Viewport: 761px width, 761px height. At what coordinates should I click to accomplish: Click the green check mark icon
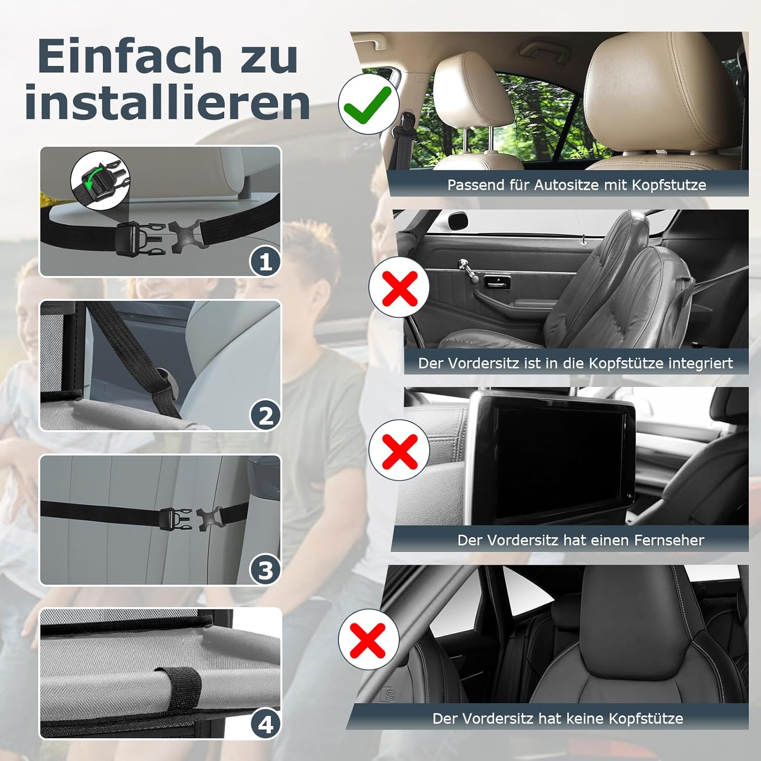[x=367, y=103]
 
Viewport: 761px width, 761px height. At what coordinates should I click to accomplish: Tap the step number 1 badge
[x=265, y=262]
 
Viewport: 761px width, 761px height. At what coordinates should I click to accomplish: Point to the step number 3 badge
[x=265, y=570]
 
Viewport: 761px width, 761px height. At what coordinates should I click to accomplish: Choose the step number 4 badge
[x=265, y=724]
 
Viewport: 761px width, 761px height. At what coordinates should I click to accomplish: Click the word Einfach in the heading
[x=130, y=56]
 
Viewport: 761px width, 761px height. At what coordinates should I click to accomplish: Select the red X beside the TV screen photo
[x=399, y=450]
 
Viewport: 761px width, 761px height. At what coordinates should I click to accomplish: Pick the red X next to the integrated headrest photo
[x=399, y=287]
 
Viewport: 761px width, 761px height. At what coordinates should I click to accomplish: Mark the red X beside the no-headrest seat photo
[x=368, y=640]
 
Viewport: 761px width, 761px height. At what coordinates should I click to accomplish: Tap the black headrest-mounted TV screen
[x=552, y=458]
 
